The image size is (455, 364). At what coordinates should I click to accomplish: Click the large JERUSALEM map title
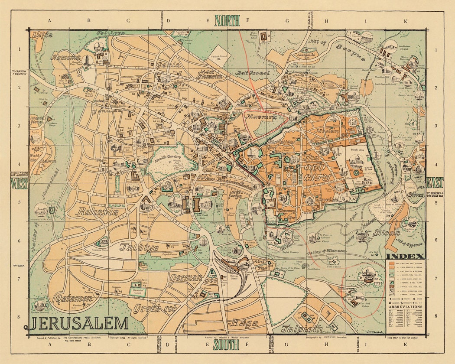[79, 324]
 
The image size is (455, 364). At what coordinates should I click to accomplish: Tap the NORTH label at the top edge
[227, 20]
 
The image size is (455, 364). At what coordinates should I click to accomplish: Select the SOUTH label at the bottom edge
[226, 345]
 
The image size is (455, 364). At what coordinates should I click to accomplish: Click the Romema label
[66, 57]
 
